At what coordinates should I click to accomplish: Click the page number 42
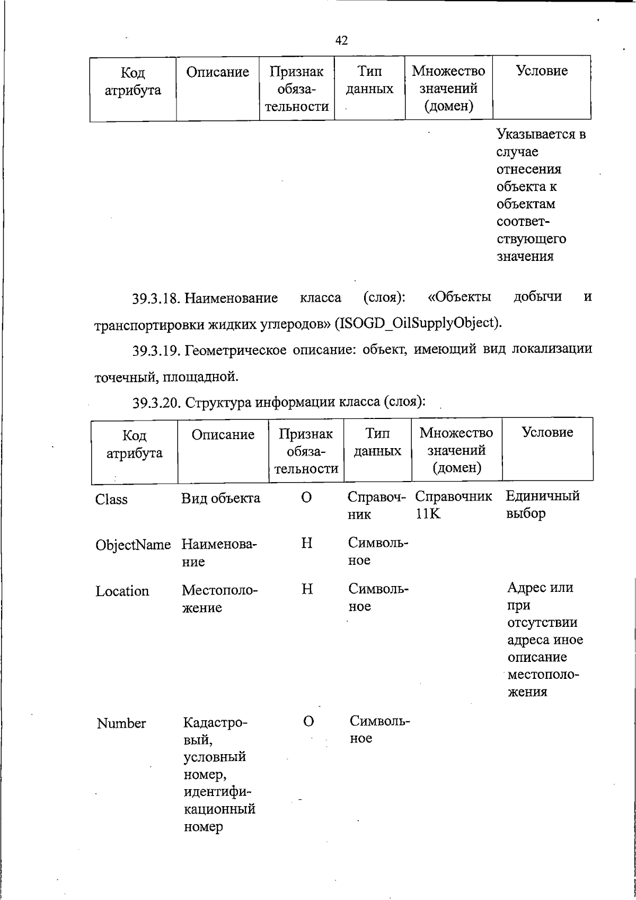[341, 40]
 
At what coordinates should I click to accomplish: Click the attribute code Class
[111, 499]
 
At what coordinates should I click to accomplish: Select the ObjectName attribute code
[133, 545]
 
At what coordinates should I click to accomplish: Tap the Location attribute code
[122, 591]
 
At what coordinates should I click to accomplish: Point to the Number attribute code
[121, 723]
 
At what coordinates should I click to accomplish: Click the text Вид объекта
[221, 499]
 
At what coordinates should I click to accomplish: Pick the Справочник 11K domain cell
[453, 504]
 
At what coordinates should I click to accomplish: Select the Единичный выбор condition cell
[542, 504]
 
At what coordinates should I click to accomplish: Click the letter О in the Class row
[306, 497]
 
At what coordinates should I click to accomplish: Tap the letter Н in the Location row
[306, 589]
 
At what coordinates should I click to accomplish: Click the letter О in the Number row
[308, 721]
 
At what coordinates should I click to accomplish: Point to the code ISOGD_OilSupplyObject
[418, 322]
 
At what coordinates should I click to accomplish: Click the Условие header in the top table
[541, 71]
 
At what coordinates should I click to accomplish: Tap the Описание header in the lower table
[223, 435]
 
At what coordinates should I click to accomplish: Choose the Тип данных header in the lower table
[377, 442]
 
